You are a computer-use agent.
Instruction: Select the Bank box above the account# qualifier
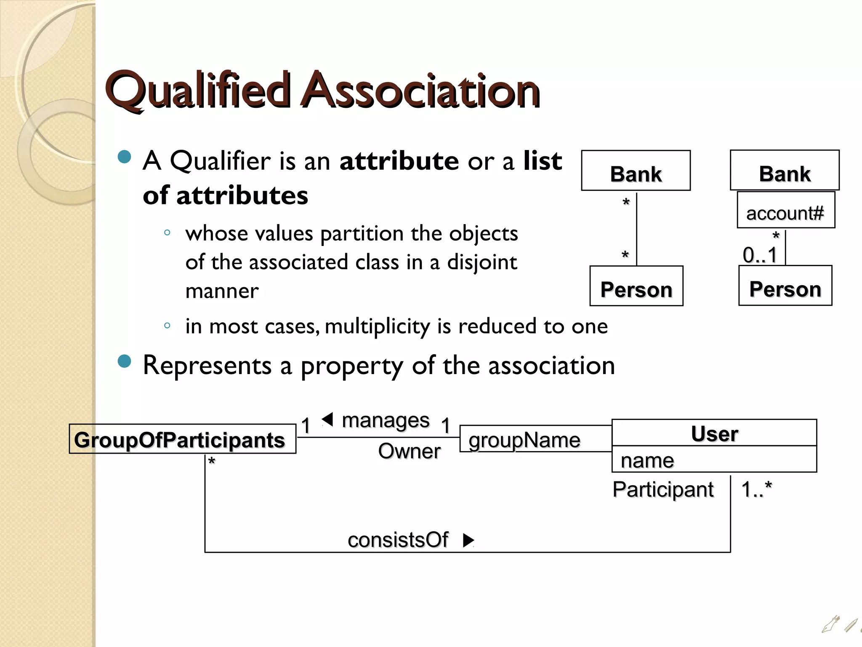[785, 171]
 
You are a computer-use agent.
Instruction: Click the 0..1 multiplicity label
[760, 255]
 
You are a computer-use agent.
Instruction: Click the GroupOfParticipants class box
[182, 439]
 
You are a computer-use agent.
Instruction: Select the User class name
[714, 433]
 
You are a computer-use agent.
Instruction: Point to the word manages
[386, 420]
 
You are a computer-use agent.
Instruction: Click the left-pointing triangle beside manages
[328, 420]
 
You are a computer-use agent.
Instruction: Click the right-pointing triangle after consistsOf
[468, 540]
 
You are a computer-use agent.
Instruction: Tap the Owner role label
[409, 451]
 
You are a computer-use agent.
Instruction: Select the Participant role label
[663, 489]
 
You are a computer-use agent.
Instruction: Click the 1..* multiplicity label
[756, 489]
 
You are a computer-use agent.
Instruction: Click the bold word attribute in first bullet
[399, 161]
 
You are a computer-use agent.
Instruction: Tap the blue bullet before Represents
[125, 361]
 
